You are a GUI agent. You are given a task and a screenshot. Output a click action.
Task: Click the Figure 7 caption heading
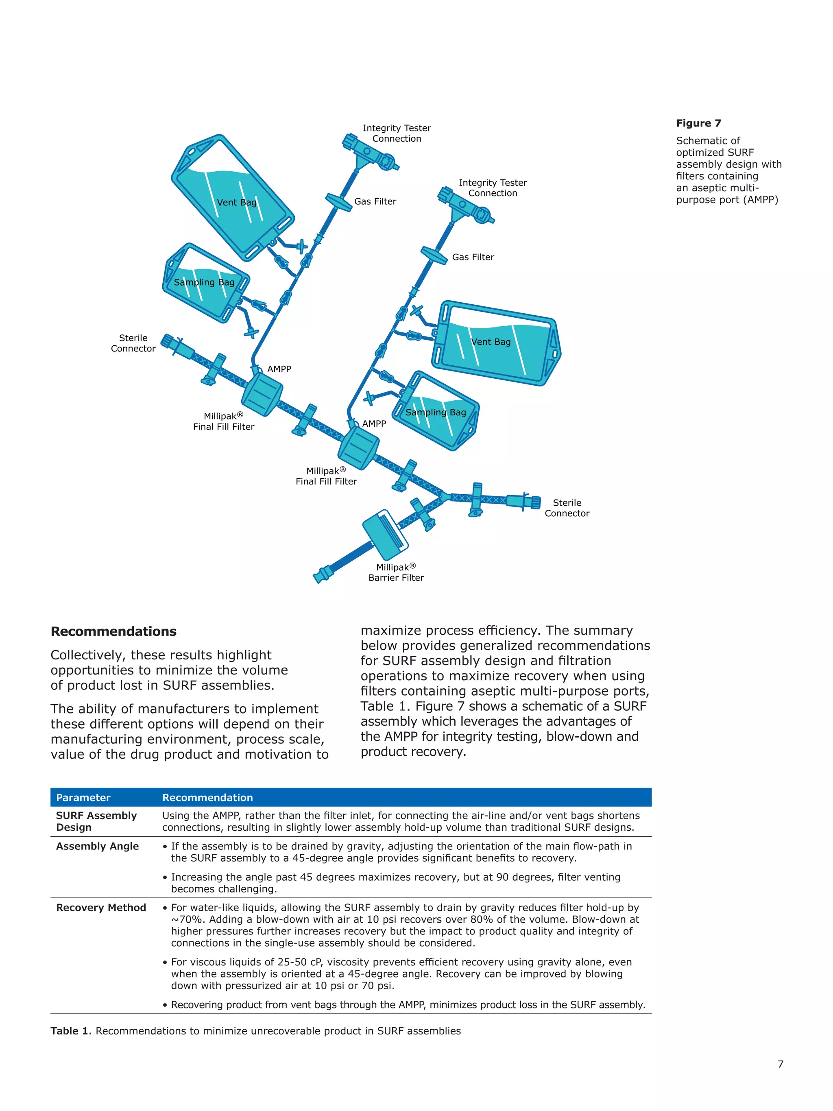click(x=698, y=123)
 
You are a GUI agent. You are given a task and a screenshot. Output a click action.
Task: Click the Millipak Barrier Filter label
click(x=396, y=572)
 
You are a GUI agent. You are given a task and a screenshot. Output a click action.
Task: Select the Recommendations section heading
click(x=113, y=631)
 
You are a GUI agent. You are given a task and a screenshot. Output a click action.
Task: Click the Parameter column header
click(x=83, y=798)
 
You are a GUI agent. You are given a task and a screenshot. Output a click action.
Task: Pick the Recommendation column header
click(x=207, y=798)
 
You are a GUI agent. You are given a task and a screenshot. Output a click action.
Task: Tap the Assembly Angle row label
click(x=97, y=846)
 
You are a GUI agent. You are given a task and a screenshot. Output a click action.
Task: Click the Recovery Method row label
click(x=101, y=908)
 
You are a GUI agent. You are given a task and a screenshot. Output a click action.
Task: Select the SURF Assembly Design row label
click(x=96, y=821)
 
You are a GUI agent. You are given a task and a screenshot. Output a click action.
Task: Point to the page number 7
click(x=780, y=1064)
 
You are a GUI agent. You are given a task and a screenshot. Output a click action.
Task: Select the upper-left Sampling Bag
click(x=205, y=283)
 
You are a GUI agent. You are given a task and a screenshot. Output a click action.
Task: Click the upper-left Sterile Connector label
click(x=133, y=343)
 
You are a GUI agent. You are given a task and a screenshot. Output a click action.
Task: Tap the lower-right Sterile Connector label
click(x=567, y=508)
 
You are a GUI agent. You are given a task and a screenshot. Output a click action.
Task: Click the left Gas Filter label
click(x=375, y=201)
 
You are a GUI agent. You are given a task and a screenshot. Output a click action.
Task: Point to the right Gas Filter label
click(x=473, y=257)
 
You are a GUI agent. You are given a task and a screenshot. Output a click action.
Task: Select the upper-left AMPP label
click(x=279, y=369)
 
